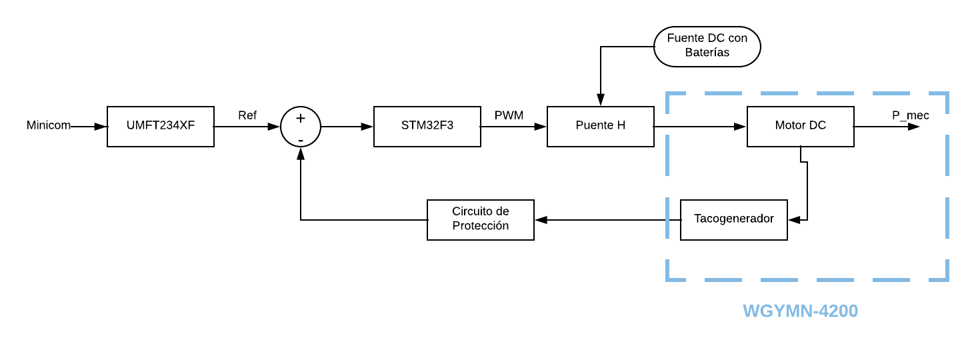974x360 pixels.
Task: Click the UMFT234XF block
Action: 161,127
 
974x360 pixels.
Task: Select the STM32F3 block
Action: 427,127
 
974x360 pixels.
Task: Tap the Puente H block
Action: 601,127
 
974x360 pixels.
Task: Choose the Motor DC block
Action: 801,127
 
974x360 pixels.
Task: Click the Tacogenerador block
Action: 734,220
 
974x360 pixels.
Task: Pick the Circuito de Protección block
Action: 481,220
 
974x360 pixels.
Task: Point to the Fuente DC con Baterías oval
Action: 707,47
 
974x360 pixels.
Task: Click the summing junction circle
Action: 301,127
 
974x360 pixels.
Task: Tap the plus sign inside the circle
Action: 301,119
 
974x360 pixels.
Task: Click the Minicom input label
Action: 49,125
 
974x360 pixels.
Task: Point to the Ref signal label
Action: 247,115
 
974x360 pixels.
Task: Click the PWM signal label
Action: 509,115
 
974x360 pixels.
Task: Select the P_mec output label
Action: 911,115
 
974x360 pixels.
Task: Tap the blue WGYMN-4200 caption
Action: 800,311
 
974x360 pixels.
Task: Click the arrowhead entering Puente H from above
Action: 601,100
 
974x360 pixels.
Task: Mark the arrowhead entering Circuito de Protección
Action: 541,220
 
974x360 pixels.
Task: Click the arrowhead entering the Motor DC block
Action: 740,127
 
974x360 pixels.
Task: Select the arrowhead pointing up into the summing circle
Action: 301,153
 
